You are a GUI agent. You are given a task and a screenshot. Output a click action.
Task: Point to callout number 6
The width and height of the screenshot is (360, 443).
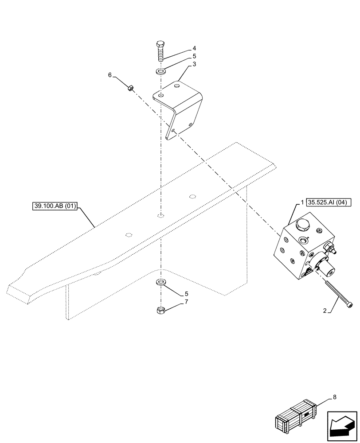click(110, 75)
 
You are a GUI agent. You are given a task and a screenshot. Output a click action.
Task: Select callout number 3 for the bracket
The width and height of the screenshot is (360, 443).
click(194, 65)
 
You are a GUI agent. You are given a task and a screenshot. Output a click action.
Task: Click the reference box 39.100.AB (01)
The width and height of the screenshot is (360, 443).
click(55, 206)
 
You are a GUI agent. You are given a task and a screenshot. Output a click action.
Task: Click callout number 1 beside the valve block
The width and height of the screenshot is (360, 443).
click(302, 202)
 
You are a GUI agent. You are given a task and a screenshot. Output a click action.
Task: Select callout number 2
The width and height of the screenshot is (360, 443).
click(325, 311)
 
